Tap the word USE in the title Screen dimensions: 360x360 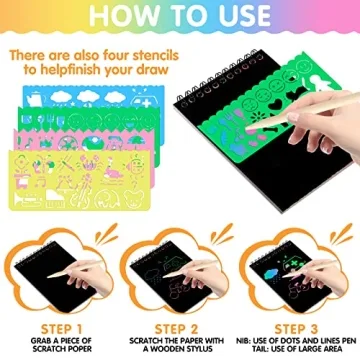pos(237,18)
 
